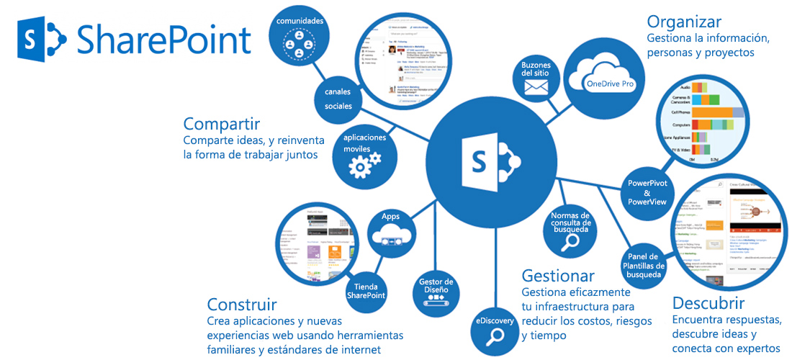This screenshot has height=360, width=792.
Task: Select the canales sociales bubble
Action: click(338, 99)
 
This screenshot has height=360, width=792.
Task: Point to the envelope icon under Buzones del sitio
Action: click(536, 87)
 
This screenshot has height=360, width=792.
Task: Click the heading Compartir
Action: click(221, 123)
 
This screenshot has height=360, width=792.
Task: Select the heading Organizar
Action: click(683, 22)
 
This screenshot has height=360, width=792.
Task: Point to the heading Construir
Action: click(241, 304)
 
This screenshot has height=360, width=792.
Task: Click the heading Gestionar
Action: click(558, 275)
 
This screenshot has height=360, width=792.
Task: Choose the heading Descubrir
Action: click(708, 302)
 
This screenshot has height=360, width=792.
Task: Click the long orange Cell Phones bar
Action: click(707, 112)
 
